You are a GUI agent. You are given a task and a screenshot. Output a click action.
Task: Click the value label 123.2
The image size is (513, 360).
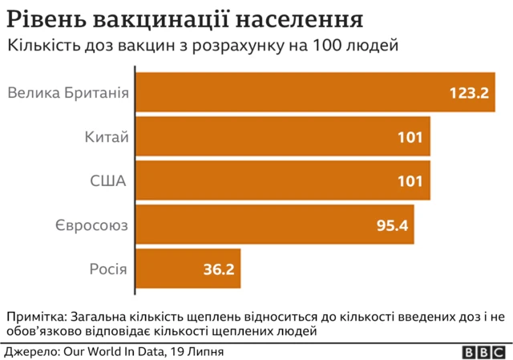469,93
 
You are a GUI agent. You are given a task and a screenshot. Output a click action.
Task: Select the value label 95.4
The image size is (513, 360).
393,225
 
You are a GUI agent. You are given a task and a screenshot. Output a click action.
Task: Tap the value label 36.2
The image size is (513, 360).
218,269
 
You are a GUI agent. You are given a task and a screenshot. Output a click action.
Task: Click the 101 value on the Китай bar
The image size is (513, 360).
410,137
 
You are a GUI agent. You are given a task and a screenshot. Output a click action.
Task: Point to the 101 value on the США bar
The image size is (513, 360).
410,181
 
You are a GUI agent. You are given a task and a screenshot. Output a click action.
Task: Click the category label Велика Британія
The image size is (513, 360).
68,93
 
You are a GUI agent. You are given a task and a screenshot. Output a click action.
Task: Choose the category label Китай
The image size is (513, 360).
107,137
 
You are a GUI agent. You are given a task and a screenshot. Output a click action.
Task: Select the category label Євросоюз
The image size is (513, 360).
92,225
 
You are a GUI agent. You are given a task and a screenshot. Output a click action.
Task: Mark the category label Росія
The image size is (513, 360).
107,269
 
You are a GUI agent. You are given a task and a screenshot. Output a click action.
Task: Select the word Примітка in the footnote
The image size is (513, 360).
34,315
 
